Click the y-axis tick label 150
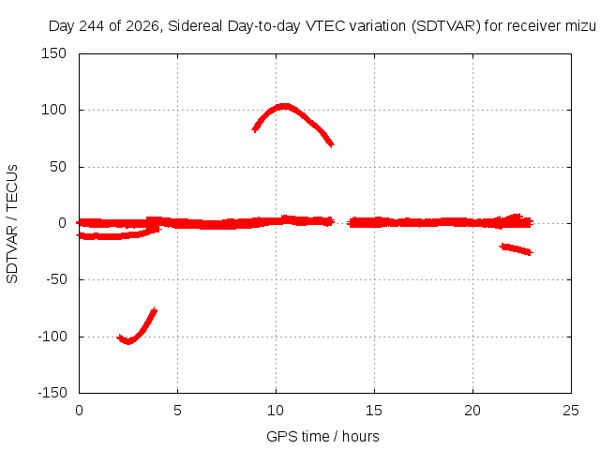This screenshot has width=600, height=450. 54,53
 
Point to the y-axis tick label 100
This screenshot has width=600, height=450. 54,111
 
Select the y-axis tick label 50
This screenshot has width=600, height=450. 58,167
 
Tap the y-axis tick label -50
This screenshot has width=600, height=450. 56,279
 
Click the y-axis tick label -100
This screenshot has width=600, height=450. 52,337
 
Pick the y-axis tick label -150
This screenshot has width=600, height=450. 52,393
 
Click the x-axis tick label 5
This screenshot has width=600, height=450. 177,411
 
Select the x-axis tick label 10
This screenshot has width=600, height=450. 276,411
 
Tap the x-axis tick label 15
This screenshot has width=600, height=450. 374,411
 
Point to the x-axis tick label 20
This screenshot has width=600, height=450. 472,411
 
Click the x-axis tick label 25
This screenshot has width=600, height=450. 571,411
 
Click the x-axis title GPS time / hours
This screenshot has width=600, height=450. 322,437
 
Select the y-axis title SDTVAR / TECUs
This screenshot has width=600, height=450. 12,224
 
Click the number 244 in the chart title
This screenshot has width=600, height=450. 92,26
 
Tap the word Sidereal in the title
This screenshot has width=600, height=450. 195,26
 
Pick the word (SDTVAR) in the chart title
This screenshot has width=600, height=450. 446,26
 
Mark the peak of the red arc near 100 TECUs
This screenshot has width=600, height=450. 284,106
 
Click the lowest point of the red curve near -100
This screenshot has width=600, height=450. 128,341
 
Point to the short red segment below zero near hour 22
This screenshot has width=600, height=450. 517,249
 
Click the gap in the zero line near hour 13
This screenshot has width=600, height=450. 340,222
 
